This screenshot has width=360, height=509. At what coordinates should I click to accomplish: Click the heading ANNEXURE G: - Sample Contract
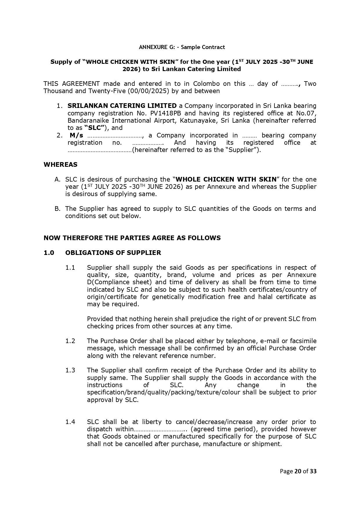pyautogui.click(x=182, y=47)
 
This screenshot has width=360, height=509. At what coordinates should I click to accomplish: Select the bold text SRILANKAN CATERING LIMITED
pyautogui.click(x=122, y=106)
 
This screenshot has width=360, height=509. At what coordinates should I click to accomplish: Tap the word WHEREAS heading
pyautogui.click(x=60, y=165)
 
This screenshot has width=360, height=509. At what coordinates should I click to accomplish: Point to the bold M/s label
pyautogui.click(x=77, y=135)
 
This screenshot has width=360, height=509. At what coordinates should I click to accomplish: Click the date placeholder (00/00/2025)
pyautogui.click(x=148, y=91)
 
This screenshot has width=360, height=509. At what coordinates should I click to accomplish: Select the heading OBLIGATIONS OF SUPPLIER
pyautogui.click(x=113, y=253)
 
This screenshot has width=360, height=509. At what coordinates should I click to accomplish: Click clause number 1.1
pyautogui.click(x=70, y=267)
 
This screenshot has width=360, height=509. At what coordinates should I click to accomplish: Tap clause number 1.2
pyautogui.click(x=70, y=341)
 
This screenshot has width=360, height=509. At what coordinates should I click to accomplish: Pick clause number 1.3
pyautogui.click(x=70, y=370)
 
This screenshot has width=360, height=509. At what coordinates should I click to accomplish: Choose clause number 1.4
pyautogui.click(x=70, y=422)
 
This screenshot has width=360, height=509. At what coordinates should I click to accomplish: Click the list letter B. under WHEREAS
pyautogui.click(x=57, y=209)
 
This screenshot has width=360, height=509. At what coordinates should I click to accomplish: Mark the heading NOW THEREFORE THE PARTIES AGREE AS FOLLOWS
pyautogui.click(x=132, y=238)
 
